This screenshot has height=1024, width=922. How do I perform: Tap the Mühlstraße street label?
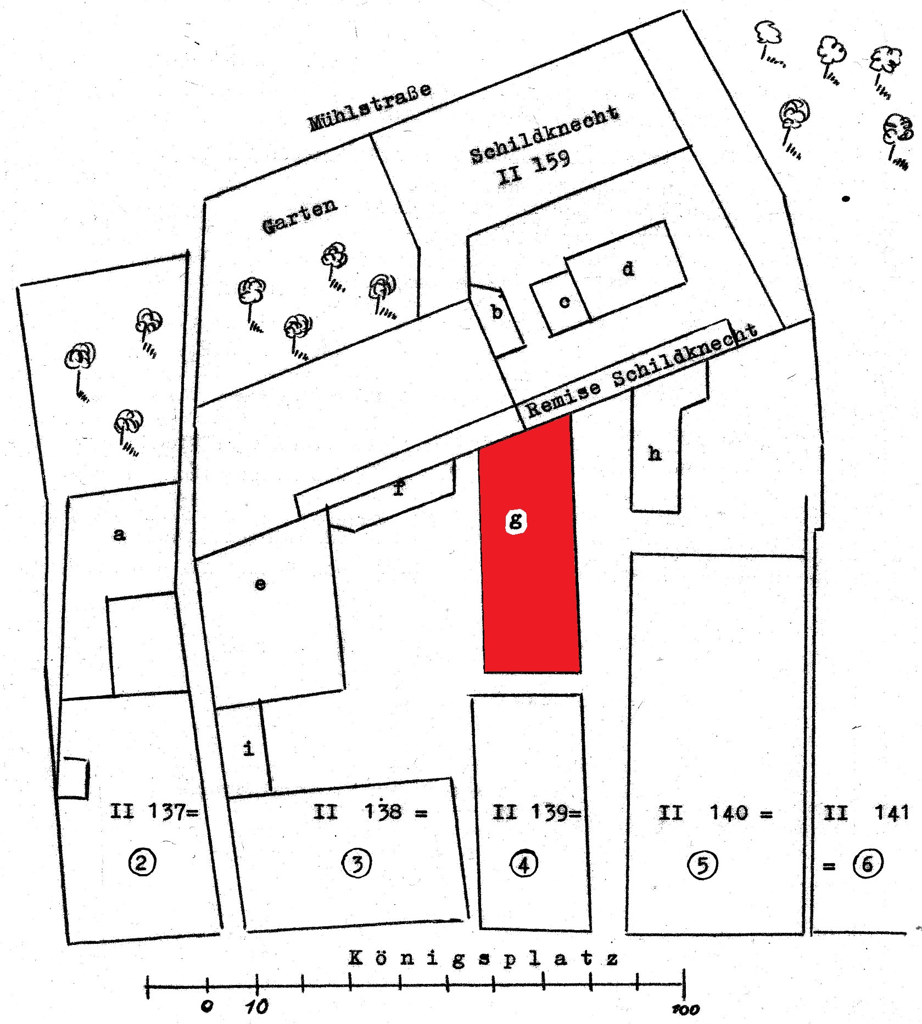(x=370, y=107)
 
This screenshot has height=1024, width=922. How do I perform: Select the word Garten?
(x=299, y=216)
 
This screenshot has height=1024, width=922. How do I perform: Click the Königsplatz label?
(x=484, y=959)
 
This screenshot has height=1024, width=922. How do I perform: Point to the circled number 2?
(x=142, y=863)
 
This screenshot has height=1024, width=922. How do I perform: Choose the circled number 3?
(x=357, y=864)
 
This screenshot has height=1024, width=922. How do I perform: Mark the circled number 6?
(x=868, y=864)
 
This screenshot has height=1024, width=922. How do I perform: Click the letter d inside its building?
(x=628, y=268)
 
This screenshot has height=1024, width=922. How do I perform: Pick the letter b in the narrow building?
(x=497, y=312)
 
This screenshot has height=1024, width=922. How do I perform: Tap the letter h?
(x=655, y=454)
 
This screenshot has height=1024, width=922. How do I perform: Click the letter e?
(x=260, y=584)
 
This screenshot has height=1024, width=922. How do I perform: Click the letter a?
(x=119, y=534)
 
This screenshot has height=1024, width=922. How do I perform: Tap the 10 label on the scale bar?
(x=256, y=1006)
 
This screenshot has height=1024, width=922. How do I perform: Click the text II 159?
(x=533, y=168)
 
